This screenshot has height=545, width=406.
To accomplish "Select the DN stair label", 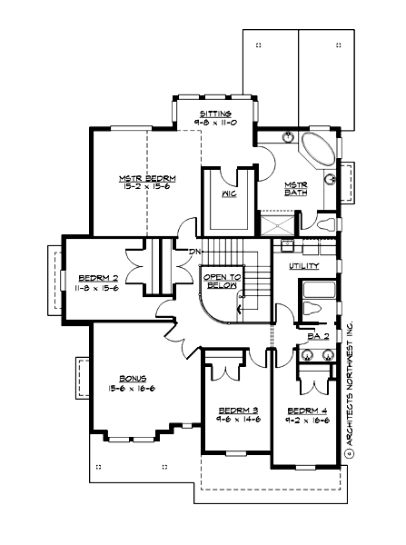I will [x=193, y=252].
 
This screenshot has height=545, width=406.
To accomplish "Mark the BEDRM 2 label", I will [x=95, y=277].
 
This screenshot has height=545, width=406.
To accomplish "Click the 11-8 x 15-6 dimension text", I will [x=95, y=287].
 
